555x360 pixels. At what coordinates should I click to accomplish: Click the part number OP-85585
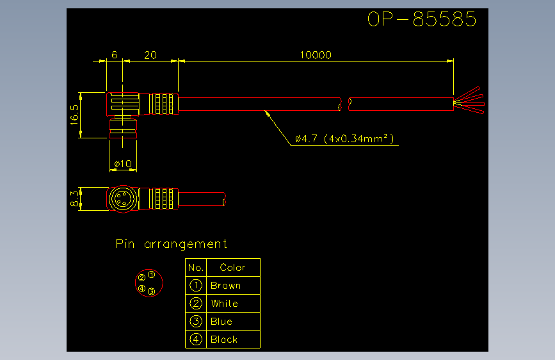click(x=422, y=19)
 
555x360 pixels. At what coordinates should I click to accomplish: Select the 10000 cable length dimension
click(x=316, y=55)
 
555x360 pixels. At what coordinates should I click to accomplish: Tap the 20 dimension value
click(x=150, y=55)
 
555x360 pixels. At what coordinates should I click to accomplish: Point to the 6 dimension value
click(x=115, y=54)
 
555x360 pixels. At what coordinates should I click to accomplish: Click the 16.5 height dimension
click(x=74, y=115)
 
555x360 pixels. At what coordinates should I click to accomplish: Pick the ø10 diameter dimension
click(x=123, y=164)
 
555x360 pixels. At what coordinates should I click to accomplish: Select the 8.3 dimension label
click(x=74, y=199)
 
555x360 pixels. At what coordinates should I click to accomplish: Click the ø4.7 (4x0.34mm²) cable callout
click(x=344, y=138)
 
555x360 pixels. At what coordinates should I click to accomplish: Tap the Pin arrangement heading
click(x=172, y=244)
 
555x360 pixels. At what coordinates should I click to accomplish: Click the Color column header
click(x=232, y=268)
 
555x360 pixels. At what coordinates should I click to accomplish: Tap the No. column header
click(x=196, y=268)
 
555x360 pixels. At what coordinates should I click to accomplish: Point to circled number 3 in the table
click(x=196, y=322)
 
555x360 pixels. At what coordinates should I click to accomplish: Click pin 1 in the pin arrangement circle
click(x=152, y=275)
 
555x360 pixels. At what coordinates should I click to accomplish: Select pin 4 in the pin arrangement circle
click(x=142, y=288)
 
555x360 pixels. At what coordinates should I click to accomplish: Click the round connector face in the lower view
click(x=123, y=199)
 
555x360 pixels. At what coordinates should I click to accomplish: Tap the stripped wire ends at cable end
click(x=469, y=101)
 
